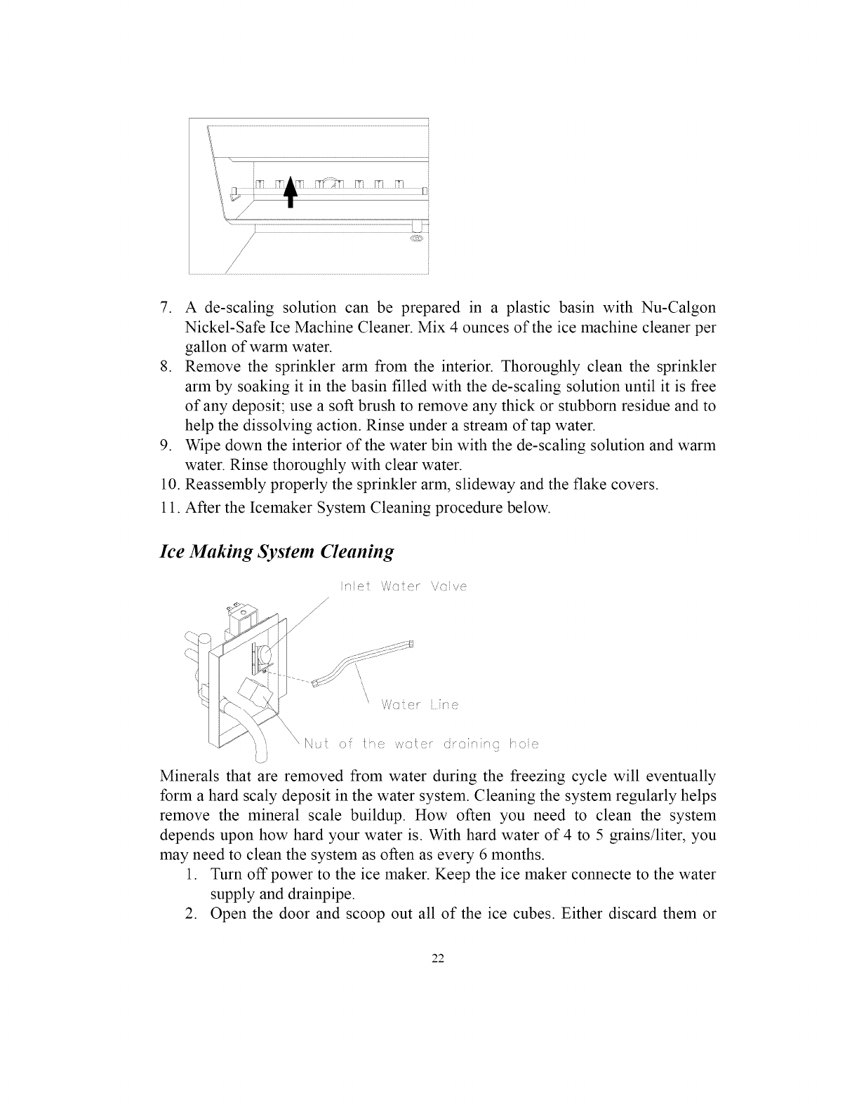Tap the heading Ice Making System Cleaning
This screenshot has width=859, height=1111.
click(x=277, y=551)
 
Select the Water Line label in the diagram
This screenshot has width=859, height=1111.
click(x=419, y=705)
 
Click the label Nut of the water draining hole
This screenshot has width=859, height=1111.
click(x=420, y=743)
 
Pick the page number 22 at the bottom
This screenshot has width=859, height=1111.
click(x=429, y=960)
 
